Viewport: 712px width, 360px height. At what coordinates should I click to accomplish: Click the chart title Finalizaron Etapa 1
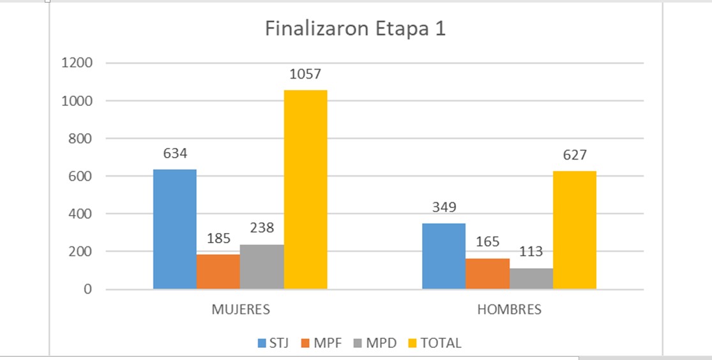pyautogui.click(x=355, y=30)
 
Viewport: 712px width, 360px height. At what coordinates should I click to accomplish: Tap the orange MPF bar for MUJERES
pyautogui.click(x=218, y=271)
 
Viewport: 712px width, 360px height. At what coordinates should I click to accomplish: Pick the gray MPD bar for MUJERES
pyautogui.click(x=262, y=266)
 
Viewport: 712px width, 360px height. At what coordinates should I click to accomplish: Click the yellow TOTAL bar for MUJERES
pyautogui.click(x=305, y=189)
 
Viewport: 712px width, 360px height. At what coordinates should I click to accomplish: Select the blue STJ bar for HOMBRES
pyautogui.click(x=444, y=256)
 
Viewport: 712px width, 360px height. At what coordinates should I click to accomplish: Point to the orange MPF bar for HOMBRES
pyautogui.click(x=487, y=273)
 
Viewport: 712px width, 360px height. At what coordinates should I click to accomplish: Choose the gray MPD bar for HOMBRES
pyautogui.click(x=531, y=278)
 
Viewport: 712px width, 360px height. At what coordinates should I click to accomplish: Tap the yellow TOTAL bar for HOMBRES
pyautogui.click(x=575, y=230)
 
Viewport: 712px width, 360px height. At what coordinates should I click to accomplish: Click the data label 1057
pyautogui.click(x=305, y=75)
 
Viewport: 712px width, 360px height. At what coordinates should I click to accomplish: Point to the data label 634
pyautogui.click(x=174, y=154)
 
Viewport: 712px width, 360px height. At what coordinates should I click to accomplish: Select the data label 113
pyautogui.click(x=531, y=252)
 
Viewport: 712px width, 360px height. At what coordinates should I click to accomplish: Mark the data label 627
pyautogui.click(x=575, y=155)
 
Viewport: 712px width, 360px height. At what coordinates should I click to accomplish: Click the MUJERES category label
pyautogui.click(x=241, y=310)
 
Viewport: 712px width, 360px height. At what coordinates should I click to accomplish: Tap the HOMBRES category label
pyautogui.click(x=509, y=310)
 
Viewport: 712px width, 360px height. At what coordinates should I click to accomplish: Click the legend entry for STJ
pyautogui.click(x=273, y=343)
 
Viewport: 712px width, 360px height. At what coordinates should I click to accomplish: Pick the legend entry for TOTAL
pyautogui.click(x=434, y=343)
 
